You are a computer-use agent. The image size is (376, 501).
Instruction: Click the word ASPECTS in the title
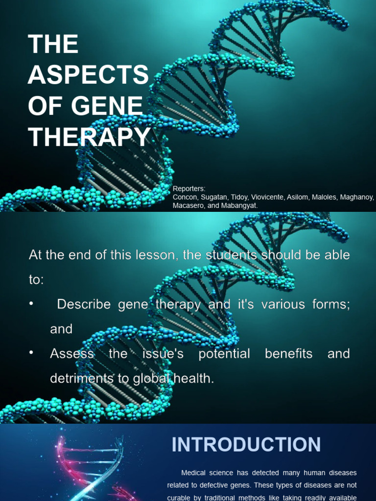click(88, 75)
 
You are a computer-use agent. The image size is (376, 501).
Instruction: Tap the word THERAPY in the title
click(90, 137)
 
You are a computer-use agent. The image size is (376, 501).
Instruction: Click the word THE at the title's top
click(53, 45)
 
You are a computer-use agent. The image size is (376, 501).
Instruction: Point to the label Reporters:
click(189, 189)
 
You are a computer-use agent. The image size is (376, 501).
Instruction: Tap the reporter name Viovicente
click(268, 197)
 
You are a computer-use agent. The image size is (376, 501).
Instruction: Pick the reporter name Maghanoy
click(355, 197)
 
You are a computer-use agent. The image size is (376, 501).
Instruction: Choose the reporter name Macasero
click(188, 206)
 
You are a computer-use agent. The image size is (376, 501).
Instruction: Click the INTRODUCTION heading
click(246, 445)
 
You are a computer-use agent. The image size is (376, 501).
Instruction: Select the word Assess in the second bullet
click(71, 354)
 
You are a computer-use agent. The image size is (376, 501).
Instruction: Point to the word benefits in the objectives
click(288, 354)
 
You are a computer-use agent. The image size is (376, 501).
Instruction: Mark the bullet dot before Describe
click(32, 304)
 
